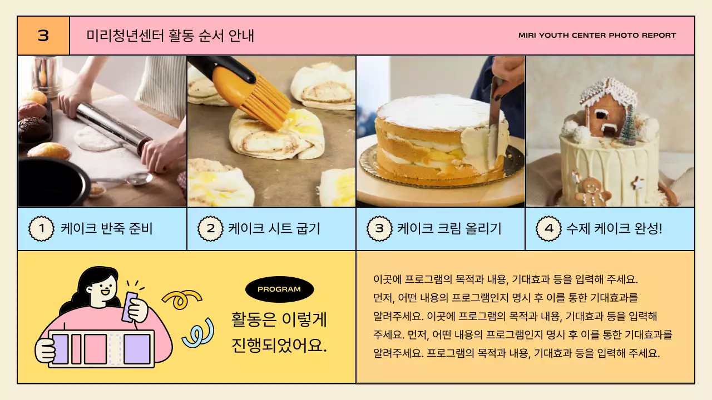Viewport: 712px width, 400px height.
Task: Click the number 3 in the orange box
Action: point(43,36)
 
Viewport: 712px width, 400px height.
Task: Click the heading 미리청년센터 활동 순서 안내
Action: point(170,36)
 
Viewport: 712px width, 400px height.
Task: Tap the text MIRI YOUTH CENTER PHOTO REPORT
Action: point(597,36)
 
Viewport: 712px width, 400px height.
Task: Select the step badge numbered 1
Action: point(41,228)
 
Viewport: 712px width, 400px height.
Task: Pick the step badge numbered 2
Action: point(210,228)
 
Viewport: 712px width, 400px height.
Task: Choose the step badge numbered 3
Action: point(379,228)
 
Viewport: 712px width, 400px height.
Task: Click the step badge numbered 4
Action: point(548,228)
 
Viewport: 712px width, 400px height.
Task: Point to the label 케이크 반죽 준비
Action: point(107,228)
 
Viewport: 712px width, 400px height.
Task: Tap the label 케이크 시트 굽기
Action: point(274,228)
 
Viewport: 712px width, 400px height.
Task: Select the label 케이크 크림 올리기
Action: point(449,228)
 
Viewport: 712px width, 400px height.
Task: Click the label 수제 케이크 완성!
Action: point(614,228)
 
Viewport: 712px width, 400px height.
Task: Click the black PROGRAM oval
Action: point(279,289)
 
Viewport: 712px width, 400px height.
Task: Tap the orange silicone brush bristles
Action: point(267,103)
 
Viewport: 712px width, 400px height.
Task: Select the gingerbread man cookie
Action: point(591,190)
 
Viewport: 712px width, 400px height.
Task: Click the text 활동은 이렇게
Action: point(279,320)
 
